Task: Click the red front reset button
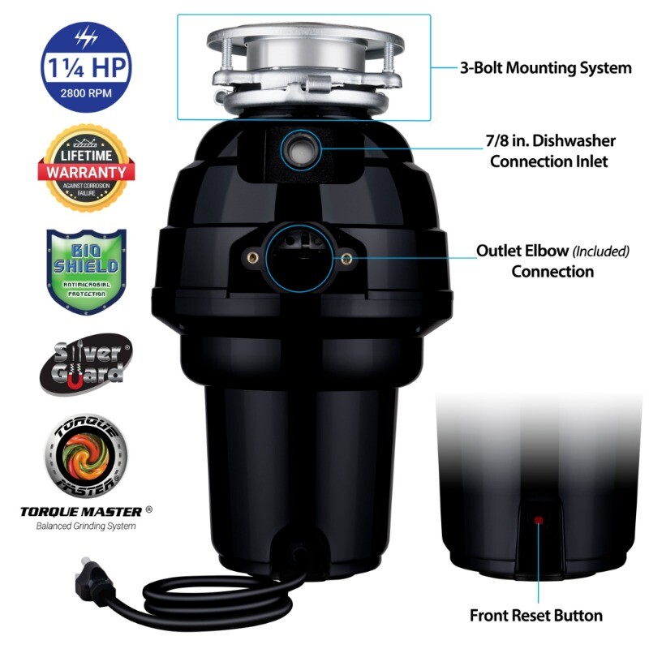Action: [537, 518]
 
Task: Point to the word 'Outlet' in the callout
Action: [500, 251]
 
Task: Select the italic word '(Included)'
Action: [601, 251]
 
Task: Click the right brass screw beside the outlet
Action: [347, 258]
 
